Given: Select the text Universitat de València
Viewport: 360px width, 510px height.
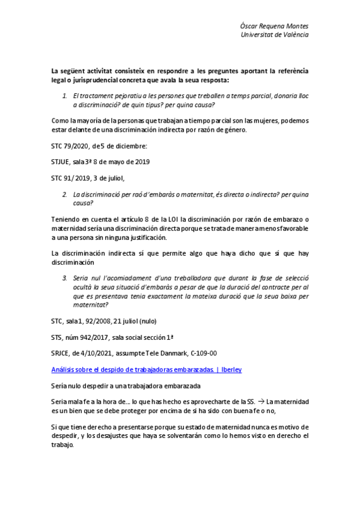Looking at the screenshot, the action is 275,35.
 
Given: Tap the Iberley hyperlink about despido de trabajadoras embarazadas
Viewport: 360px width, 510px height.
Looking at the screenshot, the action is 148,368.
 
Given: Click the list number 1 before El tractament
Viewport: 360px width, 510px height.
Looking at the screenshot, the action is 65,96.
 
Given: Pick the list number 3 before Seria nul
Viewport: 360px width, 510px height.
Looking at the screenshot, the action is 65,279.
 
